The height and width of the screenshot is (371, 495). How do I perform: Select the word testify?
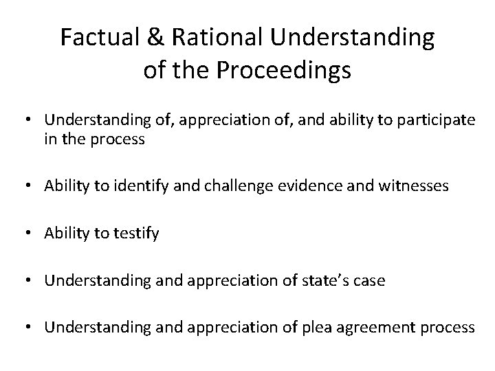(135, 234)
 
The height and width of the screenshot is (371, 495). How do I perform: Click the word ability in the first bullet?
(329, 120)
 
